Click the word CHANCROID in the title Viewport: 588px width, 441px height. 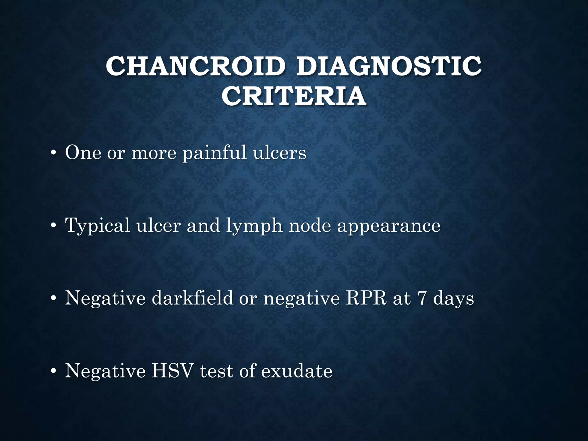pyautogui.click(x=196, y=66)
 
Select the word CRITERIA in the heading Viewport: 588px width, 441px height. pyautogui.click(x=294, y=96)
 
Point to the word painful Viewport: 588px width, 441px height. pyautogui.click(x=214, y=153)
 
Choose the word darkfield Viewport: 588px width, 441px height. pyautogui.click(x=192, y=298)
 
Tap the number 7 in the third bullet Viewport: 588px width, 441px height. pyautogui.click(x=422, y=298)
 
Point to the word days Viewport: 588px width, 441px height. pyautogui.click(x=453, y=298)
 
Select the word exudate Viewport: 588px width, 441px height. pyautogui.click(x=297, y=371)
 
